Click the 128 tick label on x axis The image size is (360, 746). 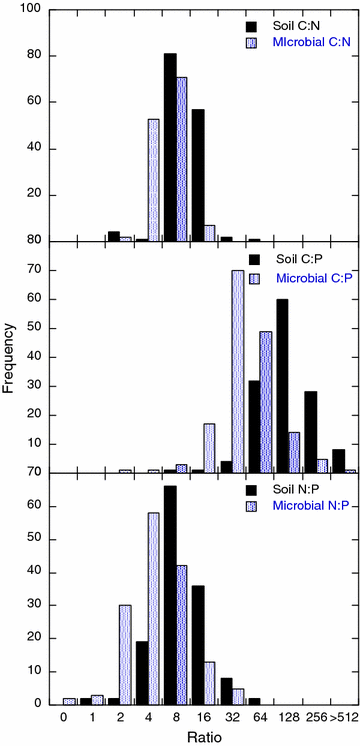[285, 716]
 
